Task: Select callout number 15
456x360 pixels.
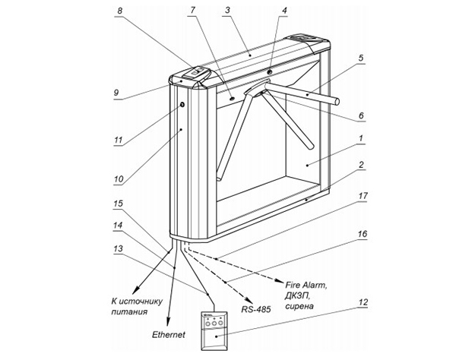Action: point(117,204)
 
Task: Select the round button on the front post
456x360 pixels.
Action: point(182,105)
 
